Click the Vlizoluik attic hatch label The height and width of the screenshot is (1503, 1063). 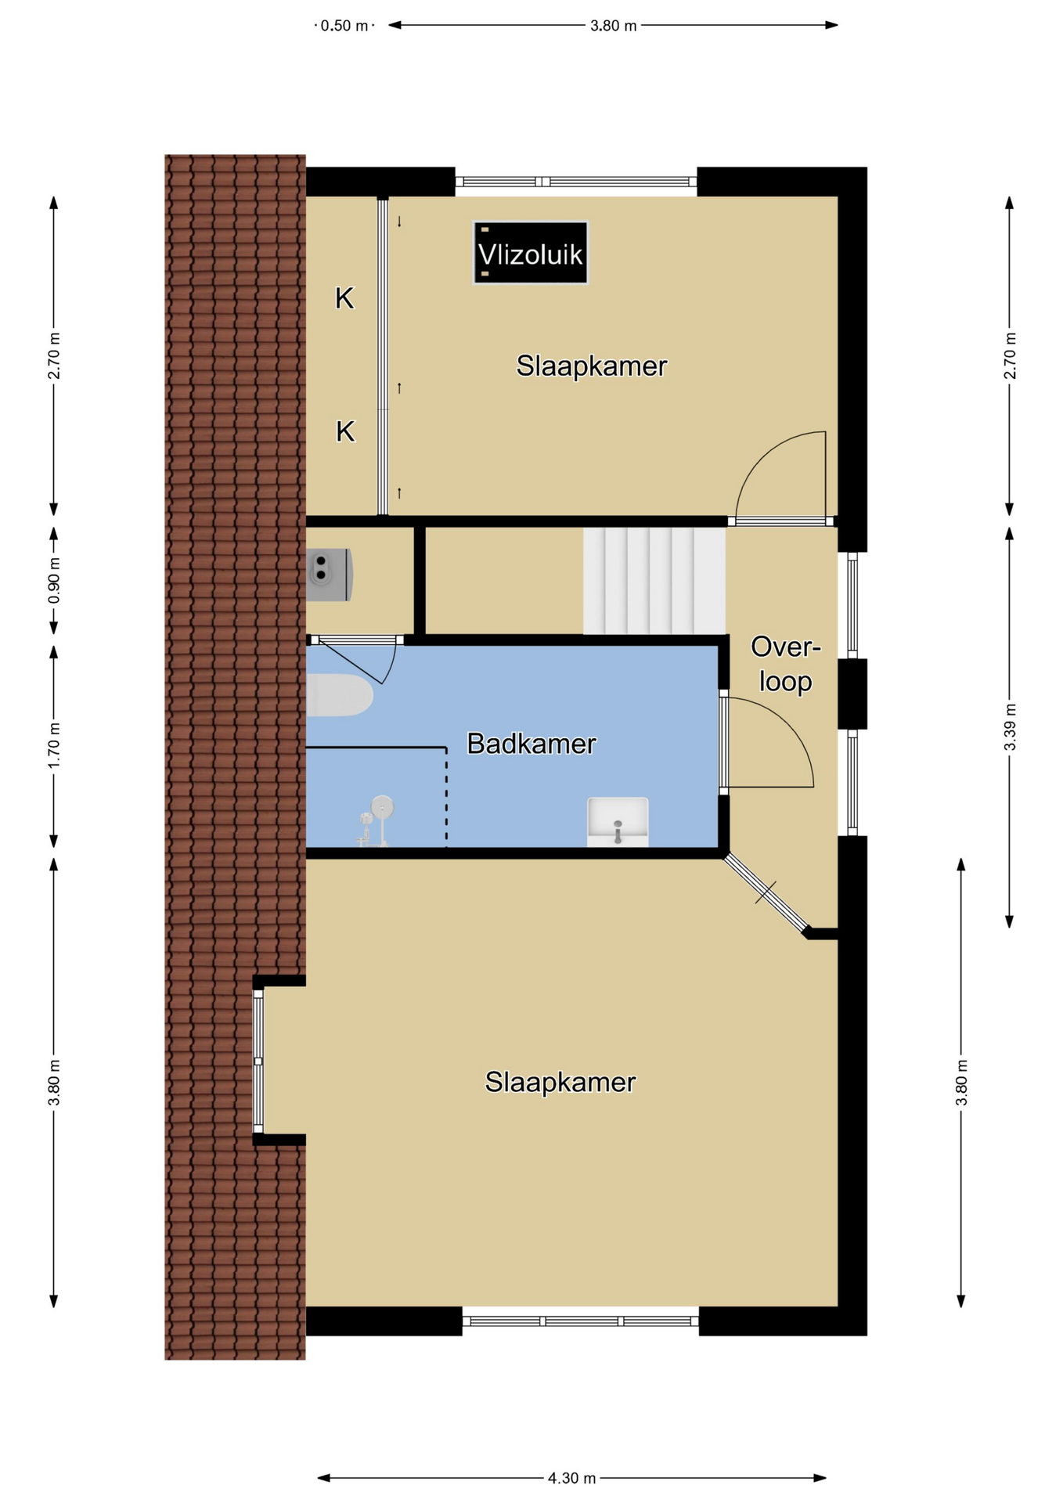point(530,253)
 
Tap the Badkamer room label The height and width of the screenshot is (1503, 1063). point(531,744)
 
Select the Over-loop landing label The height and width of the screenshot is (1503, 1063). point(785,664)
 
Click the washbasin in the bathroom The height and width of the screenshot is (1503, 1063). point(618,822)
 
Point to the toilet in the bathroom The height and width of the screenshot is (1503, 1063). point(338,695)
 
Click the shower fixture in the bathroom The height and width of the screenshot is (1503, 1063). point(375,820)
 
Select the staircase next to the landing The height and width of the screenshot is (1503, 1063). point(654,581)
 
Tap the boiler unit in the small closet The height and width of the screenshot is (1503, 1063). point(329,575)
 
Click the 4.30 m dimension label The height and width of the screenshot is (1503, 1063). point(571,1478)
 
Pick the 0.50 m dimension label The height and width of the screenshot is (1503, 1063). point(344,26)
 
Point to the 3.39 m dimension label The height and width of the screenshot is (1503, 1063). point(1010,727)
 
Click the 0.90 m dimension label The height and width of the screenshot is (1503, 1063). point(54,581)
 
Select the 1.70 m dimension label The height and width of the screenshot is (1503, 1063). point(54,745)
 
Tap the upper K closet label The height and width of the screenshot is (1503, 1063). point(344,298)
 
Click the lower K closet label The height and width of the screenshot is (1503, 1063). point(345,431)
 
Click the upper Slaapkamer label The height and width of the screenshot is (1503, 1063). point(592,366)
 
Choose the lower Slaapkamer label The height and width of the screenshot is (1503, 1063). point(560,1082)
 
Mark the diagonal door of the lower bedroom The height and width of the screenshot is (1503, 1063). point(766,893)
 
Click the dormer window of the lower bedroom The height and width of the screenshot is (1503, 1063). point(258,1061)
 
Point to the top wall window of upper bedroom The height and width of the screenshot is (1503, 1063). point(576,182)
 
